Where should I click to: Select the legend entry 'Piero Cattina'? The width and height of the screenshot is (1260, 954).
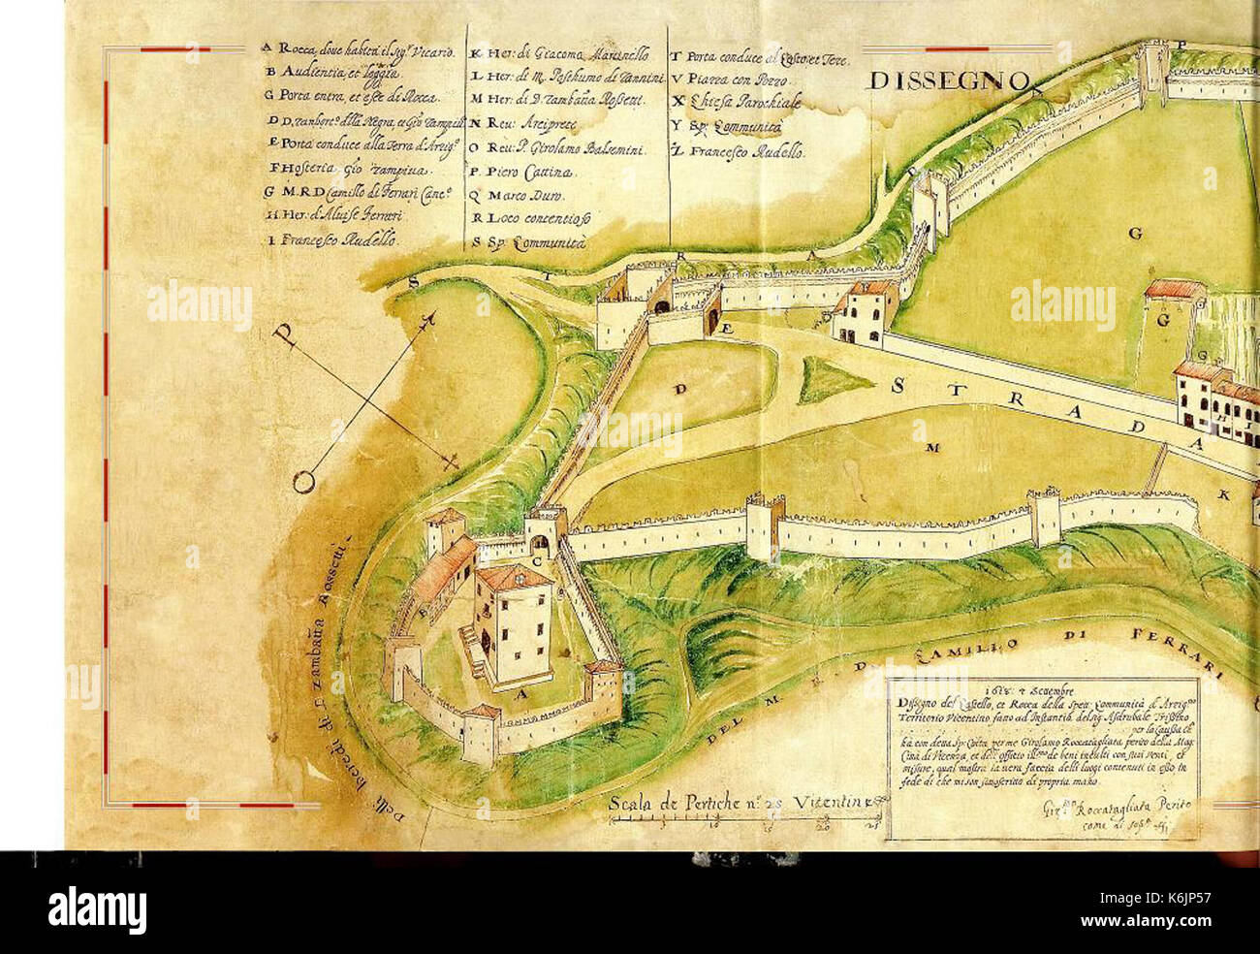pyautogui.click(x=523, y=172)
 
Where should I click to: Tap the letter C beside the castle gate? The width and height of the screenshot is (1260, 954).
pyautogui.click(x=536, y=561)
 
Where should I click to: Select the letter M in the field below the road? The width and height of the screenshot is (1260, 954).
pyautogui.click(x=933, y=447)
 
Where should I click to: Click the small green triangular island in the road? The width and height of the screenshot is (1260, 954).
pyautogui.click(x=830, y=377)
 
